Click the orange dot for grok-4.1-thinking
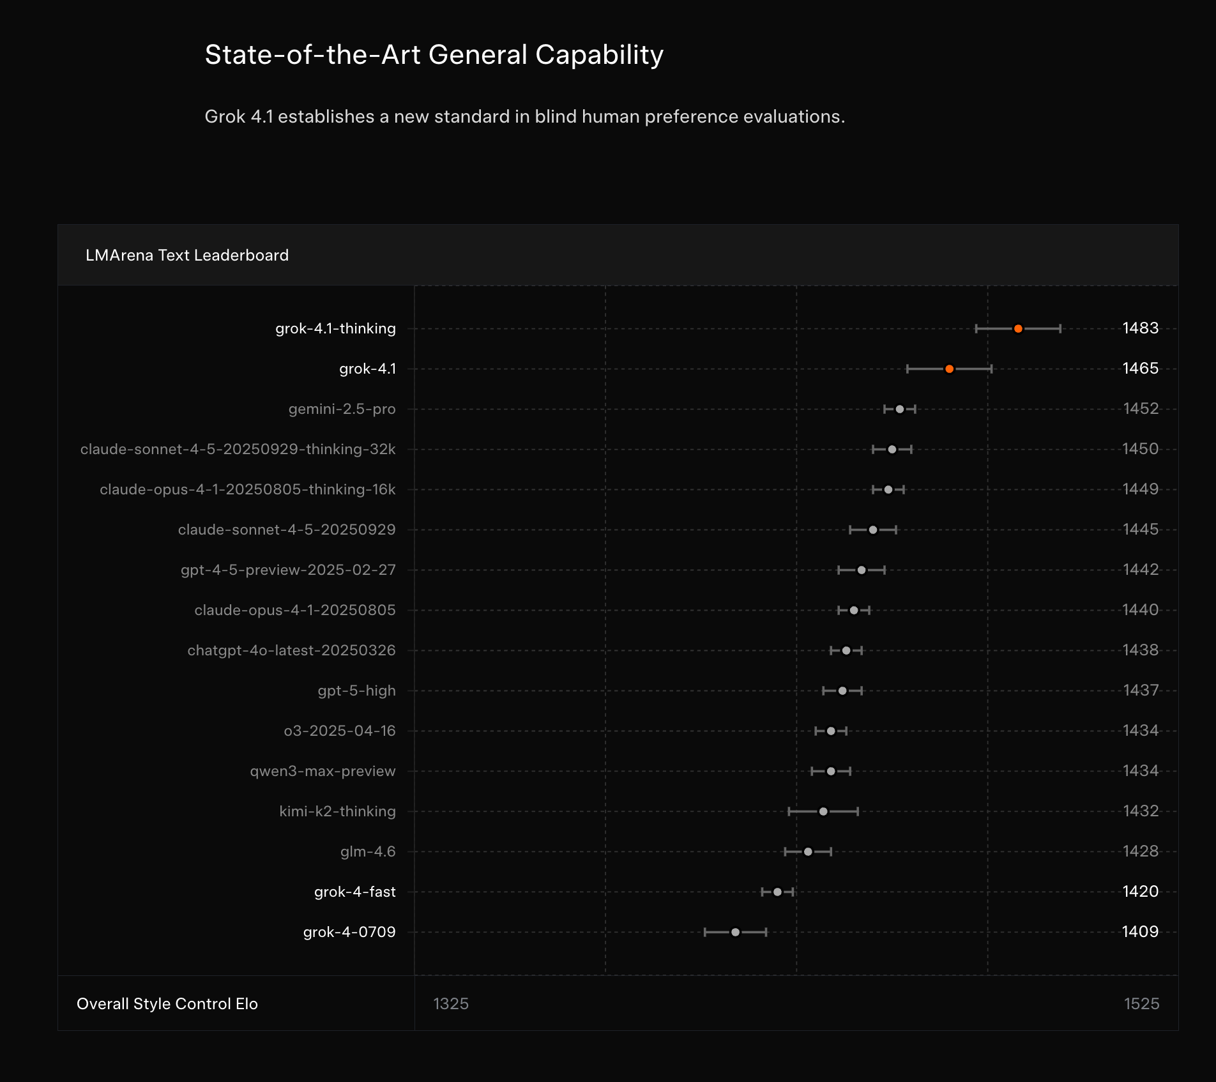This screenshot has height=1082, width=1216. [x=1018, y=329]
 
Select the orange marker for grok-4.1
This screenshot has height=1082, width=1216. [x=950, y=369]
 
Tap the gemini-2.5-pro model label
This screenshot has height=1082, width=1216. [x=342, y=409]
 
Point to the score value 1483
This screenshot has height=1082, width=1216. [x=1140, y=328]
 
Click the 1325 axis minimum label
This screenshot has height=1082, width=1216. [x=451, y=1003]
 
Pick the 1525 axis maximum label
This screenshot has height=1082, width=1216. [x=1141, y=1003]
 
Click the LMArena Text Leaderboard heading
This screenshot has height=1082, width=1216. [x=187, y=255]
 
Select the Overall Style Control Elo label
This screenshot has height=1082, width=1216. [x=167, y=1003]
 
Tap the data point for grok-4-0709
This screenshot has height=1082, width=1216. [x=735, y=933]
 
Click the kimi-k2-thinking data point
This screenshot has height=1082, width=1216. [x=823, y=812]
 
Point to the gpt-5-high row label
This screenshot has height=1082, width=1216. [x=356, y=690]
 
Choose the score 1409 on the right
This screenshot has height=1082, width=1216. [x=1140, y=932]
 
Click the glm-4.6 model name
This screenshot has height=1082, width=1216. [x=368, y=851]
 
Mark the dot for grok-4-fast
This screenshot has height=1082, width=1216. [x=777, y=892]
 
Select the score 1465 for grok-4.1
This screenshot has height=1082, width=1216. [x=1140, y=369]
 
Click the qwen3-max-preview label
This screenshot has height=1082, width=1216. [x=323, y=771]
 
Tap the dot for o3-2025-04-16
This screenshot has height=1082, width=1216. [x=831, y=731]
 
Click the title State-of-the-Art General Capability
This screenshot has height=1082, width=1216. [x=434, y=55]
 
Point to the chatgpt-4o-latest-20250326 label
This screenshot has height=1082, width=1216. [x=291, y=650]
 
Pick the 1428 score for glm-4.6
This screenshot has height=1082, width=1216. [x=1140, y=851]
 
